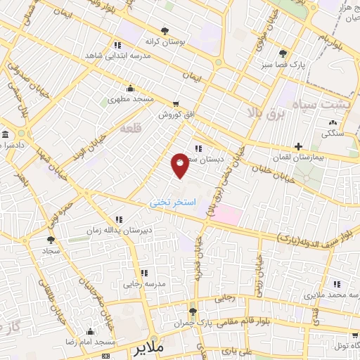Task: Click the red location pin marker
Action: [180, 165]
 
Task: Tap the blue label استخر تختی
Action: [169, 202]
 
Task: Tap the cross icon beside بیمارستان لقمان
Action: [299, 147]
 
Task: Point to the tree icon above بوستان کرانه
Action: [165, 30]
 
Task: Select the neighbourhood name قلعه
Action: [131, 129]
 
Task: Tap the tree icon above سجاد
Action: [51, 239]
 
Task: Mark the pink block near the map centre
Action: [227, 214]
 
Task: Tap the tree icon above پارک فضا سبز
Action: [283, 53]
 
